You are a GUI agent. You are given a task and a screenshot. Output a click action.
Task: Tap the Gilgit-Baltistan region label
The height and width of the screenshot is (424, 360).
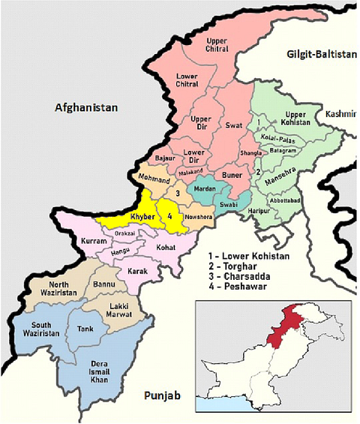click(x=320, y=53)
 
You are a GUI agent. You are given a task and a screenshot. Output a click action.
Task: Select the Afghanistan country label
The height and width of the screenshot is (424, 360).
click(x=86, y=108)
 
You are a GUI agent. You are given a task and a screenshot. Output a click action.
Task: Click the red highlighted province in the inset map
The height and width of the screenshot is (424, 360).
click(x=280, y=322)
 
